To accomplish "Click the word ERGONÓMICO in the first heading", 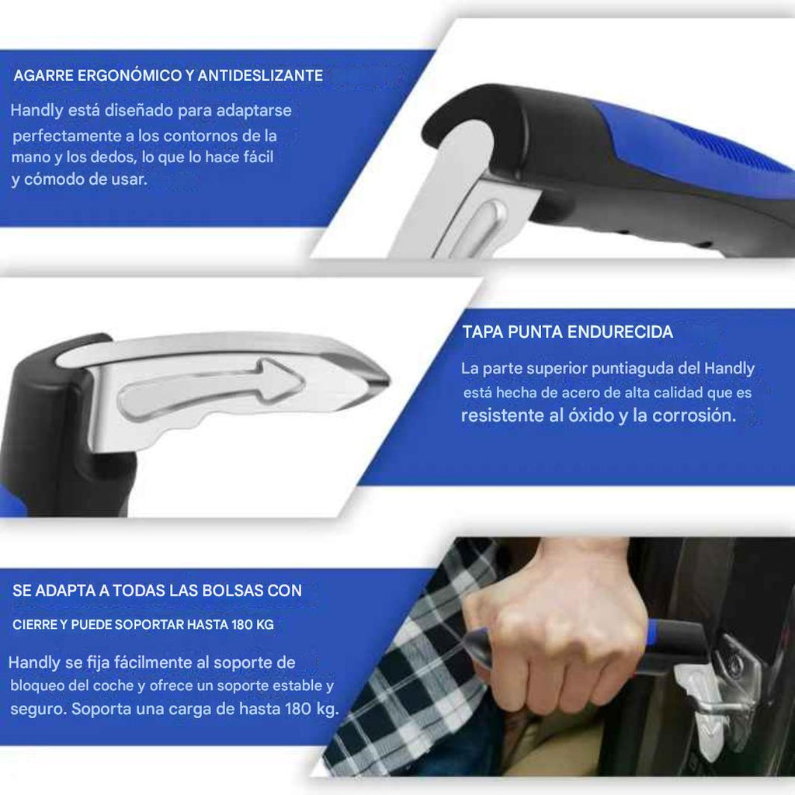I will [x=122, y=75].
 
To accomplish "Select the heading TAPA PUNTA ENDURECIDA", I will [x=568, y=332].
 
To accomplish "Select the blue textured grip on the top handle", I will [x=699, y=155].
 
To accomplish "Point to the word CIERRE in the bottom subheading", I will [x=34, y=624].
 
